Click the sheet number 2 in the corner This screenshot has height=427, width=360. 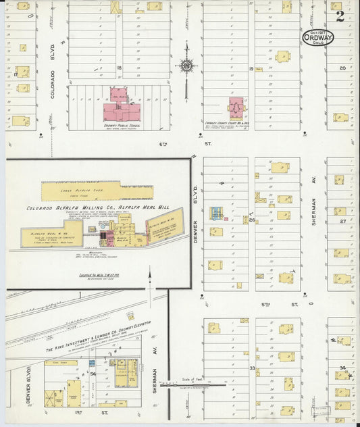340,16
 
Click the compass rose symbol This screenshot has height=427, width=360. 186,66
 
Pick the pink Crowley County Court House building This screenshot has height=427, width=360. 236,108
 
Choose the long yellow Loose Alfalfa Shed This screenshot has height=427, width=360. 97,191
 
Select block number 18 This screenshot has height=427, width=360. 119,68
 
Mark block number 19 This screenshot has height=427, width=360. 251,69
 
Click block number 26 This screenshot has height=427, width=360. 251,220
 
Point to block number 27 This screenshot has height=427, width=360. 342,221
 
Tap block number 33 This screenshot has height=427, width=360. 252,368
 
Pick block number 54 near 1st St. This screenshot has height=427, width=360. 93,373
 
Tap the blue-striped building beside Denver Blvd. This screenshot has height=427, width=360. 216,213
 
